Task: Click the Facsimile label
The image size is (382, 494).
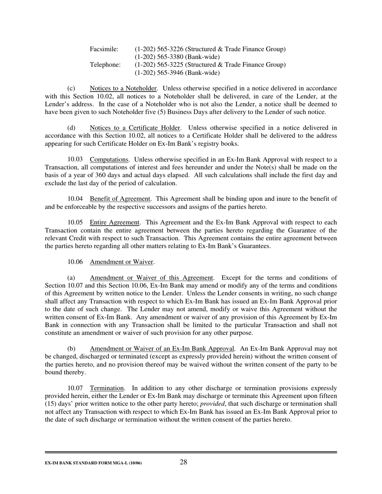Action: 104,49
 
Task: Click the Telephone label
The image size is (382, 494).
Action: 105,65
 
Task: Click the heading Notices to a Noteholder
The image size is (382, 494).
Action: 123,88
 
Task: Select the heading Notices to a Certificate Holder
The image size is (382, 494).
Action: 135,128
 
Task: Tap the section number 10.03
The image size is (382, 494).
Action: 75,159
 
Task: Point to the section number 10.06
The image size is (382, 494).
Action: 75,262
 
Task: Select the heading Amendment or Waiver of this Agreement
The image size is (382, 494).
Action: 151,278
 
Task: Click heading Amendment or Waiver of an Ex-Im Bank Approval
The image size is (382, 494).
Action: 162,349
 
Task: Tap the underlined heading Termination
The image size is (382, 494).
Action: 107,388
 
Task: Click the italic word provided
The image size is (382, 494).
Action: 212,404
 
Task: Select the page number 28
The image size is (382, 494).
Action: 183,462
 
